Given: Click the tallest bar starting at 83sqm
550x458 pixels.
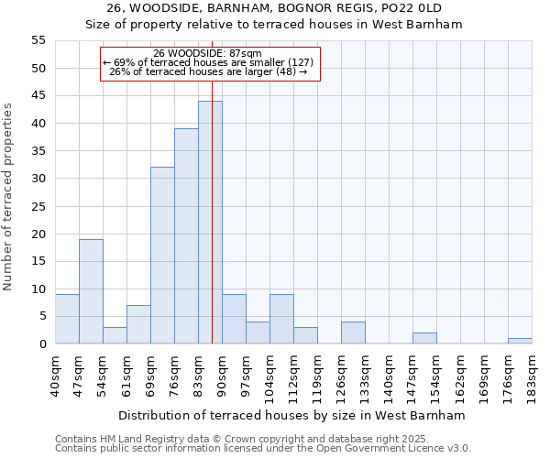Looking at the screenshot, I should click(210, 223).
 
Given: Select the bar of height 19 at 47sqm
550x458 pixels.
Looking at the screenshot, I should click(91, 291).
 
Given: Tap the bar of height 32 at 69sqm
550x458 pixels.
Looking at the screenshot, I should click(162, 256).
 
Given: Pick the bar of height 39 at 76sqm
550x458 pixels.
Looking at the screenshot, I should click(186, 236).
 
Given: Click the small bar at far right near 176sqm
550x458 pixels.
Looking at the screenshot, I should click(520, 341).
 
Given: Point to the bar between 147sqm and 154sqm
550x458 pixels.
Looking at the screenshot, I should click(424, 339).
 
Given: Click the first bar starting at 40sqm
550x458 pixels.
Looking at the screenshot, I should click(67, 319).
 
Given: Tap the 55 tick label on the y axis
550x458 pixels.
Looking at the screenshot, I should click(38, 40).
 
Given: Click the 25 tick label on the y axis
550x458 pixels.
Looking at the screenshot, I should click(38, 206).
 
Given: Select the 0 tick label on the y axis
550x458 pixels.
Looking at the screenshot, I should click(42, 344).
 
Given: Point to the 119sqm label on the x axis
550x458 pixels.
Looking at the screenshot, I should click(317, 374).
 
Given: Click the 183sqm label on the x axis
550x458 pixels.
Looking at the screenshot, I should click(532, 374).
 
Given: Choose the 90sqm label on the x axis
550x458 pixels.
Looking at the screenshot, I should click(222, 374).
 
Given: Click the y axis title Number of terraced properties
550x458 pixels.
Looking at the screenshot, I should click(9, 196).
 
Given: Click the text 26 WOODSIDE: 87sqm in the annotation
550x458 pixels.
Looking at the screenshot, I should click(210, 53).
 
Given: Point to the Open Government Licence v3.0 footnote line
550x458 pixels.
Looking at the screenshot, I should click(263, 449).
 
